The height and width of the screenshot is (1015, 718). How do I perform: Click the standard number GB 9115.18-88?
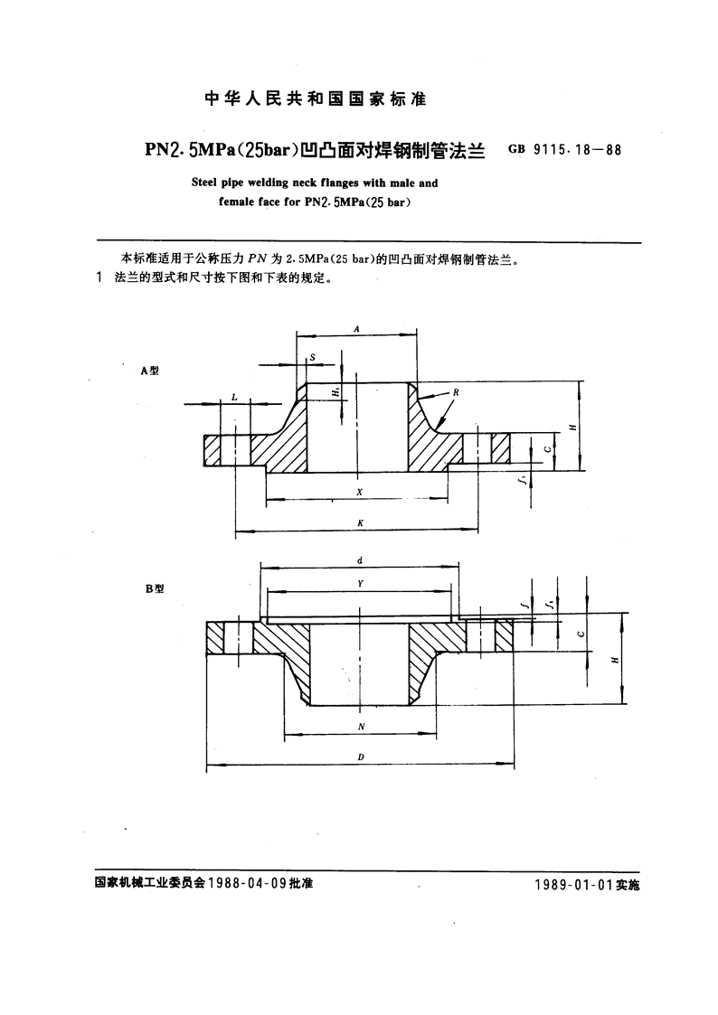(x=564, y=149)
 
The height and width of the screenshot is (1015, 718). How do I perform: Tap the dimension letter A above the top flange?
(x=356, y=329)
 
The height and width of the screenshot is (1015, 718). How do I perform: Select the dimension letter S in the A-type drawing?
(x=313, y=357)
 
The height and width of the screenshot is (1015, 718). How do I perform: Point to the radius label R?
(x=456, y=392)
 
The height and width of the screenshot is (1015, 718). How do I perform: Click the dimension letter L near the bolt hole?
(x=233, y=397)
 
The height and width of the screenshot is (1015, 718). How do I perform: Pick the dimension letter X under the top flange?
(x=359, y=492)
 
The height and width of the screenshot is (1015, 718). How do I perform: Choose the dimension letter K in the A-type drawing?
(x=361, y=523)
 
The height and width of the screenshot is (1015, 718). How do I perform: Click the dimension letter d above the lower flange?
(x=360, y=560)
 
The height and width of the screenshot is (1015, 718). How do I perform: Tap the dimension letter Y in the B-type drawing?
(x=361, y=584)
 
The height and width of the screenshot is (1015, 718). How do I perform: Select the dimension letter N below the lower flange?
(x=362, y=727)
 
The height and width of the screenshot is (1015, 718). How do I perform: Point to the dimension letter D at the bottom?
(x=362, y=757)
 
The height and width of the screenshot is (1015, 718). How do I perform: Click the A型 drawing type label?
(x=149, y=371)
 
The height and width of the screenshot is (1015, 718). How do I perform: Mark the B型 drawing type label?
(x=155, y=588)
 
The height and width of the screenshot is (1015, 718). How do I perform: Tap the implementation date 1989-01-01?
(x=573, y=885)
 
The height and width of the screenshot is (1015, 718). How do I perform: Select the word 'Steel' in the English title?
(x=205, y=183)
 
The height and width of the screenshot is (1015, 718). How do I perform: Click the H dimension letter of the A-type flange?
(x=572, y=428)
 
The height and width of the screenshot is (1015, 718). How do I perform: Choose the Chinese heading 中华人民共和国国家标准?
(x=315, y=99)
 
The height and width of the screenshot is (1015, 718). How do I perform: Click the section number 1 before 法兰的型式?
(x=99, y=278)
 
